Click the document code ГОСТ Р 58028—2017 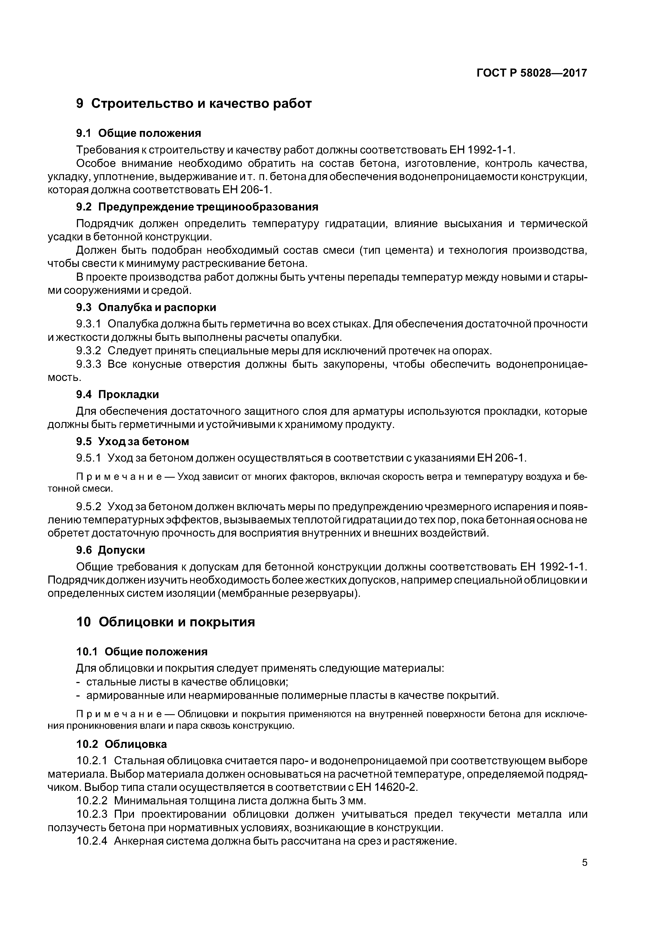[x=531, y=73]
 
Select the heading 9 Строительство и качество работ [x=194, y=103]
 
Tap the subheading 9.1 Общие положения [x=139, y=133]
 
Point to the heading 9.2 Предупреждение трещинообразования [x=197, y=207]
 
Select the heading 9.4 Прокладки [x=118, y=394]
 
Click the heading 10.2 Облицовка [x=122, y=744]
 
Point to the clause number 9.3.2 [x=89, y=351]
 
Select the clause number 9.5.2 [x=89, y=506]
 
